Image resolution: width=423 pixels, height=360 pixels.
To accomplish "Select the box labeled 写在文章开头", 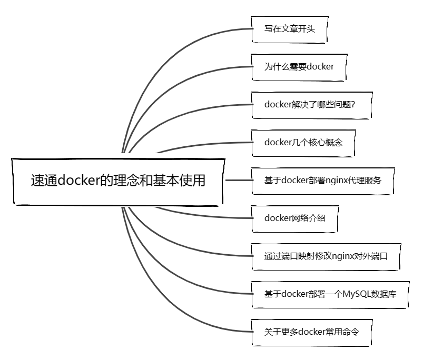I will [x=289, y=28].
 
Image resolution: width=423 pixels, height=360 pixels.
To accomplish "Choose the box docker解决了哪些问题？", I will [x=312, y=104].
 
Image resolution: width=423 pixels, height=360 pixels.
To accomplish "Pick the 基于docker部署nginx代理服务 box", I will [x=322, y=180].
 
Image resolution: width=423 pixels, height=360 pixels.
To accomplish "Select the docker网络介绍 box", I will [x=294, y=218].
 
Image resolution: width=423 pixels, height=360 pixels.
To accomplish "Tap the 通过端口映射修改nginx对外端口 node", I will [x=326, y=256].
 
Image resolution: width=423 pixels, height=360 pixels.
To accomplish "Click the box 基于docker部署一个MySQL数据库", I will [x=329, y=294].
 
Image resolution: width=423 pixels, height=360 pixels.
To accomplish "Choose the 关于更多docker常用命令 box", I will [x=311, y=332].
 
